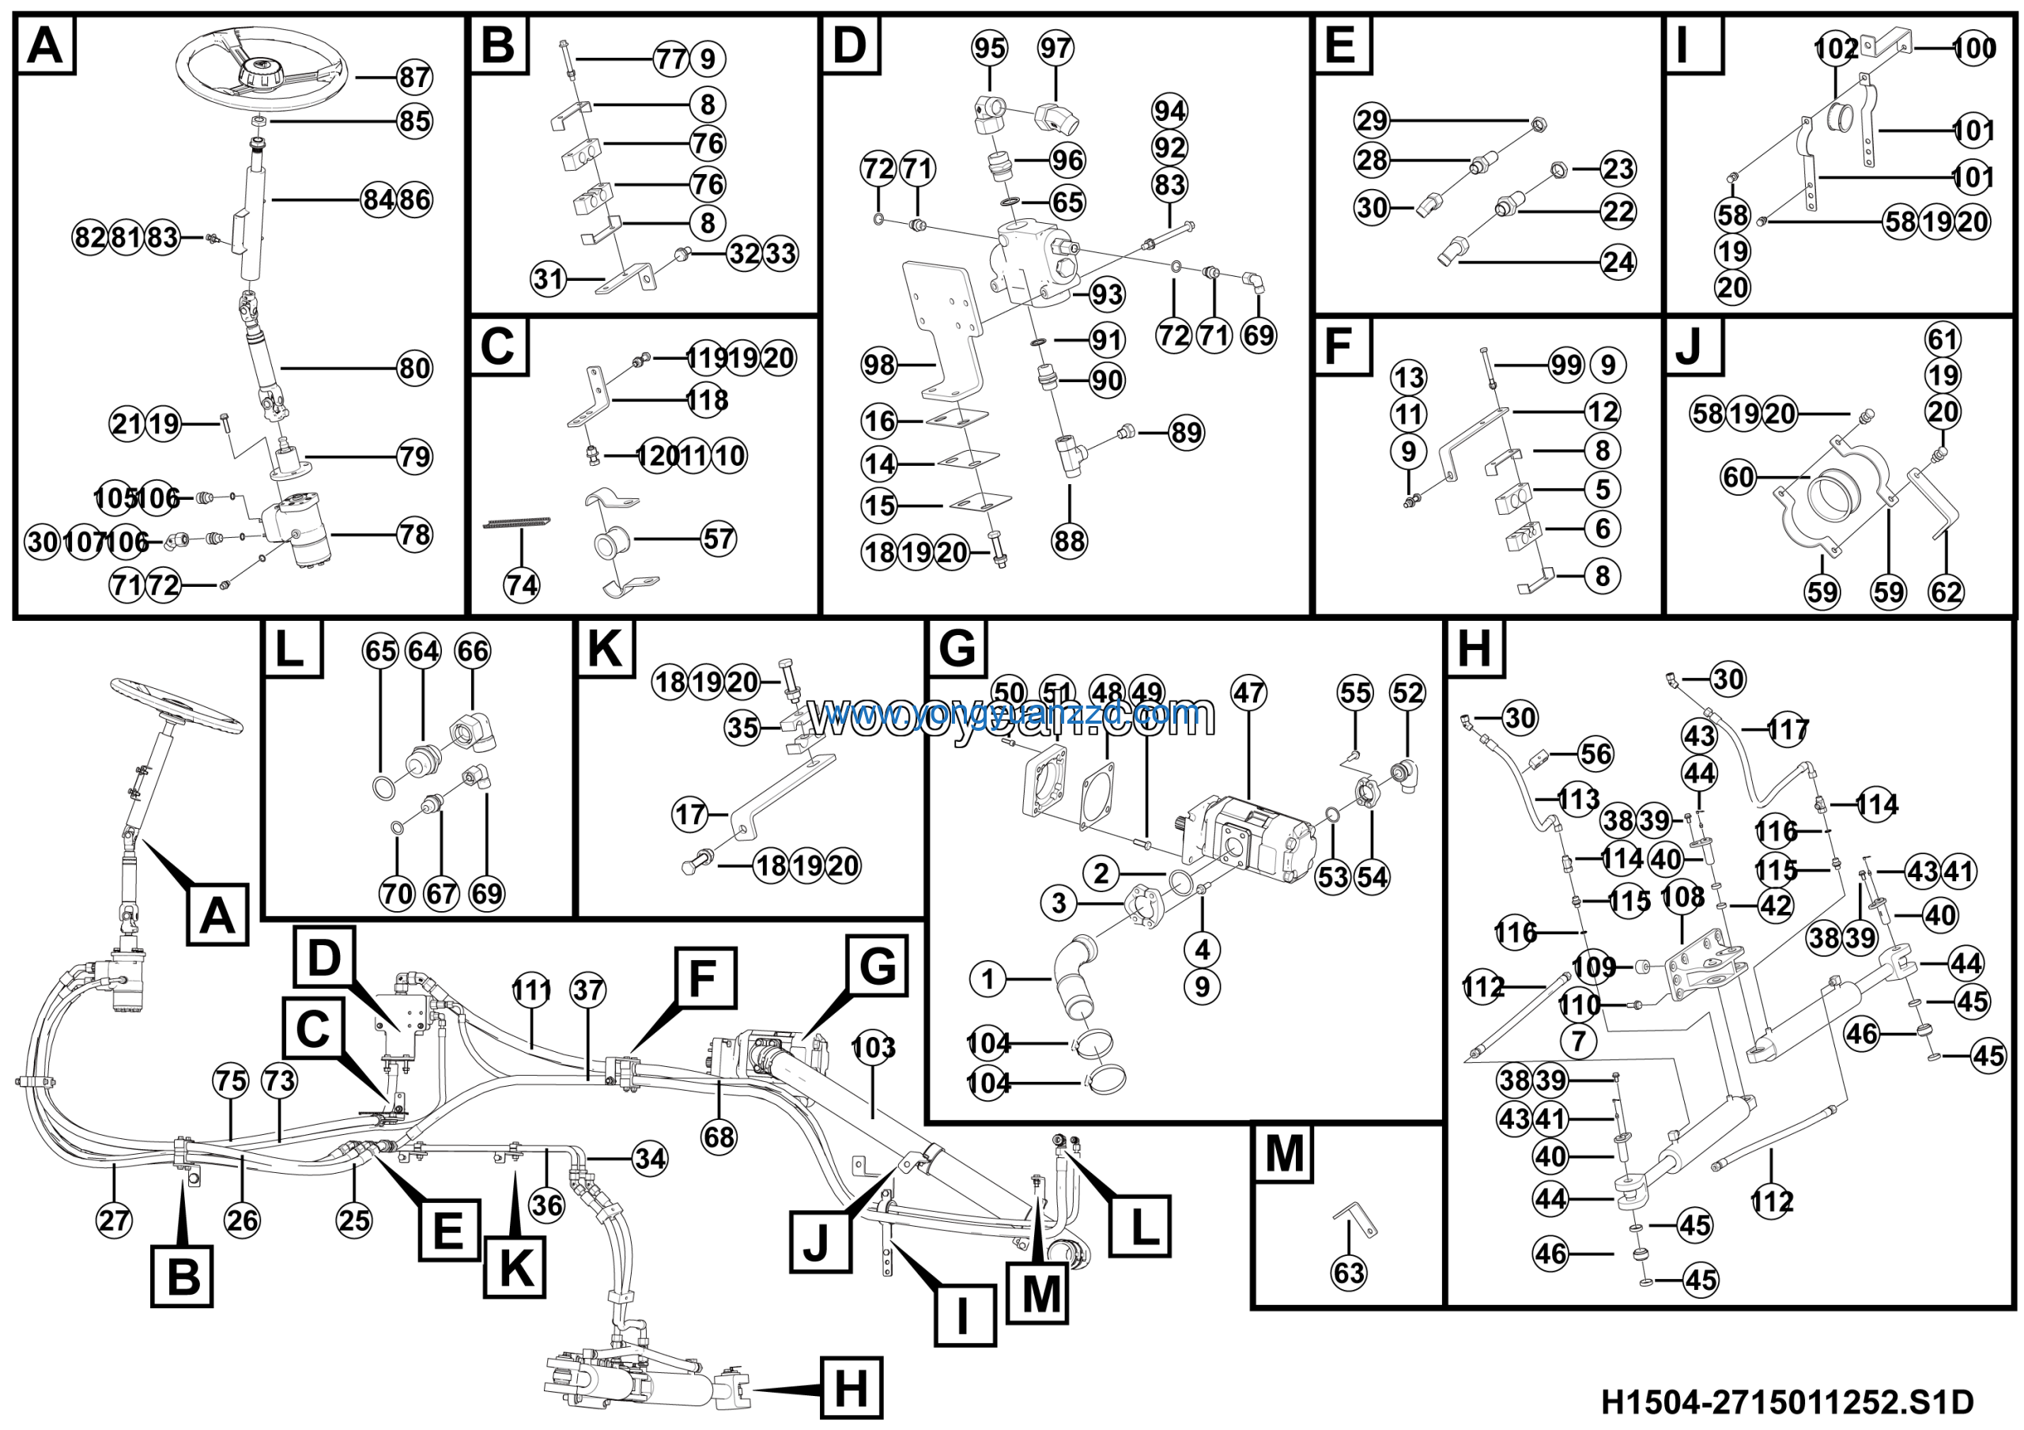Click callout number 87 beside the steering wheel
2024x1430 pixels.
pos(413,78)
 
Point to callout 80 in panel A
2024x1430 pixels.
pos(413,368)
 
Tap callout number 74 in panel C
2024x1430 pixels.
pos(521,584)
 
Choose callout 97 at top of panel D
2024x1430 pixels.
pos(1055,47)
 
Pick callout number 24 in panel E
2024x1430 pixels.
pos(1618,262)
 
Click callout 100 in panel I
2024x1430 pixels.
pos(1975,47)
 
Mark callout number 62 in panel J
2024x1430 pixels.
pos(1946,592)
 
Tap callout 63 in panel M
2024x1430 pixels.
pos(1349,1273)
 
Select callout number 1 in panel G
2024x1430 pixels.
pos(987,978)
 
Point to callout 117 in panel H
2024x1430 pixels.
pos(1787,730)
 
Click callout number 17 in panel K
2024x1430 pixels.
pos(690,814)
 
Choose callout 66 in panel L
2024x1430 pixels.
pos(472,651)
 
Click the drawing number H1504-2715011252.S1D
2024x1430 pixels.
pos(1787,1402)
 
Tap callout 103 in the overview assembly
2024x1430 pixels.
pos(873,1048)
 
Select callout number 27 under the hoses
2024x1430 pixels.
pos(114,1221)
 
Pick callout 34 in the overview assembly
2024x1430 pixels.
pos(651,1159)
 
